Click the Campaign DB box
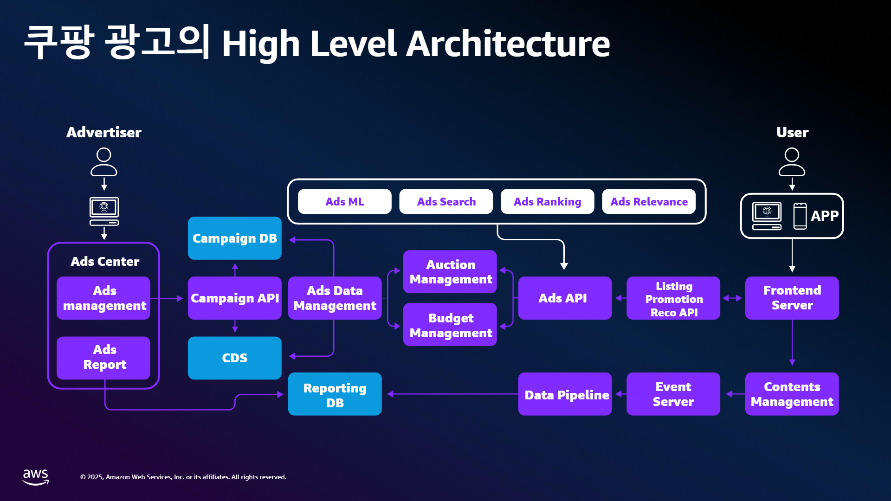(234, 238)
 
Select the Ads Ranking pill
(547, 201)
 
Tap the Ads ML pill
(344, 201)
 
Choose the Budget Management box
(450, 325)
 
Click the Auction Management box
(450, 272)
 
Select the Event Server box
(673, 394)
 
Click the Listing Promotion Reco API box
(673, 298)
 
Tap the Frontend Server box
(792, 298)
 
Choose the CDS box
(234, 358)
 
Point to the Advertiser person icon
(103, 162)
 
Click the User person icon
(792, 162)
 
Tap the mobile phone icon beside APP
(800, 216)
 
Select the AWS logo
(36, 477)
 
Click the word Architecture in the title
(508, 44)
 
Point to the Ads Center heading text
(105, 262)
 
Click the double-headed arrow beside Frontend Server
(732, 298)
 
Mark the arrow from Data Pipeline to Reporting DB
(452, 394)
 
